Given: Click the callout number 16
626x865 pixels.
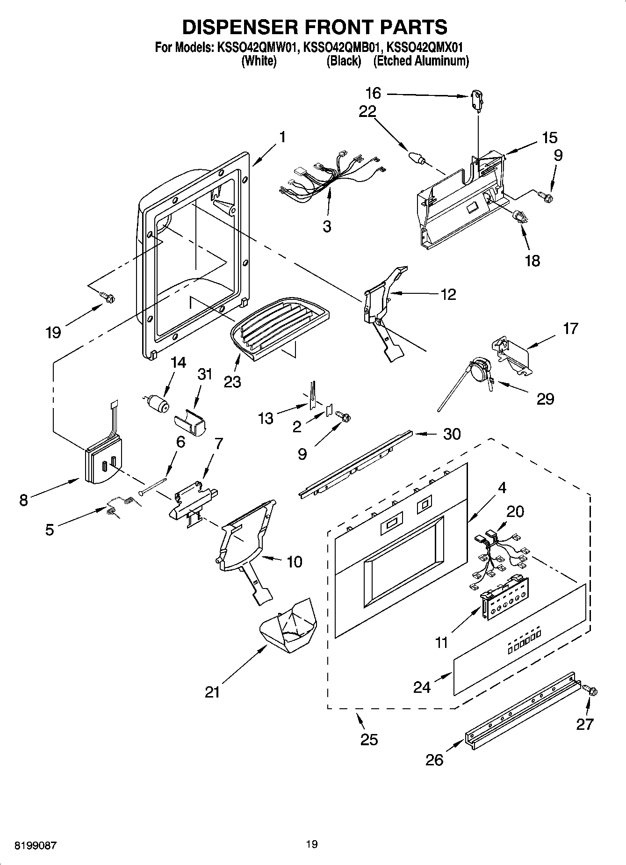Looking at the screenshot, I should [x=373, y=94].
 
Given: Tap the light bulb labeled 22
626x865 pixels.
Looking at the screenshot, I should [x=416, y=158].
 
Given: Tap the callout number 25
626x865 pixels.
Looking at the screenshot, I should [x=369, y=740].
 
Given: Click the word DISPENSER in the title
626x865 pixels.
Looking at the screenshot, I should [x=240, y=27].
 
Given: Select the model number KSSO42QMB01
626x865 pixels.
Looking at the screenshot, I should [x=342, y=47].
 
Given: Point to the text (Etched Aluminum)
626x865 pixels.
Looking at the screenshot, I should [x=421, y=61].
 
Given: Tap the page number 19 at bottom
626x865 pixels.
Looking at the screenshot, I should [x=312, y=844].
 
